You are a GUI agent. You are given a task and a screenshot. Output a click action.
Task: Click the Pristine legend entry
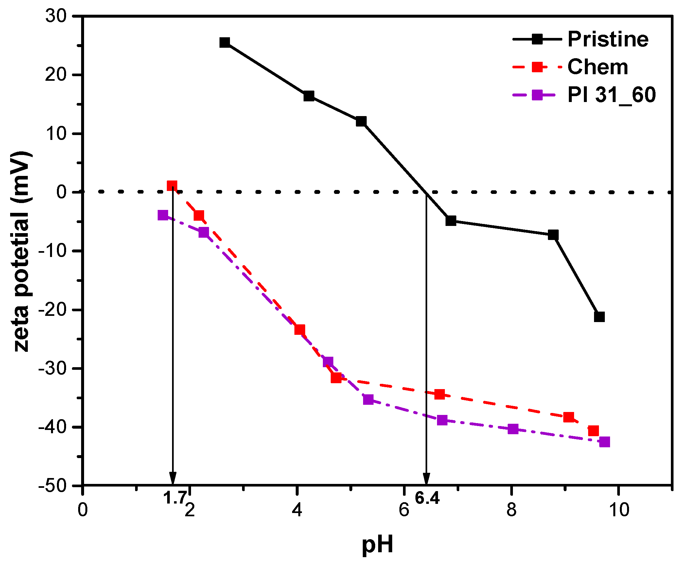(x=608, y=40)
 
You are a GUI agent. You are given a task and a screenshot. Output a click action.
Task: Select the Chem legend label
(x=598, y=67)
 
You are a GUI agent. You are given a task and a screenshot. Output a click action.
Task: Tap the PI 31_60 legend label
(x=611, y=95)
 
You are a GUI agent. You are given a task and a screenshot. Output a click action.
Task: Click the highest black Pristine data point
(x=225, y=43)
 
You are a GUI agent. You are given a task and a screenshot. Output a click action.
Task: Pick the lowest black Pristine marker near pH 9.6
(x=599, y=317)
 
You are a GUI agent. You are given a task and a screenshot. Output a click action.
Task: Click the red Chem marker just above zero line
(x=172, y=186)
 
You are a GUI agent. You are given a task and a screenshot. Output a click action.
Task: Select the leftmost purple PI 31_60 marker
(x=163, y=215)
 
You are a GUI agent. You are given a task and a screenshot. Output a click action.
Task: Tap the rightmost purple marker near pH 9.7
(x=604, y=442)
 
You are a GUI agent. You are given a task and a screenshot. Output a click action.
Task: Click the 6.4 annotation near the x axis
(x=427, y=498)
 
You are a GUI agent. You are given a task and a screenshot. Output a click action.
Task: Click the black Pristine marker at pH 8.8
(x=553, y=235)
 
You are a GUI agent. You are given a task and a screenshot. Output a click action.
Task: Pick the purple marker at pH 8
(x=513, y=429)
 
